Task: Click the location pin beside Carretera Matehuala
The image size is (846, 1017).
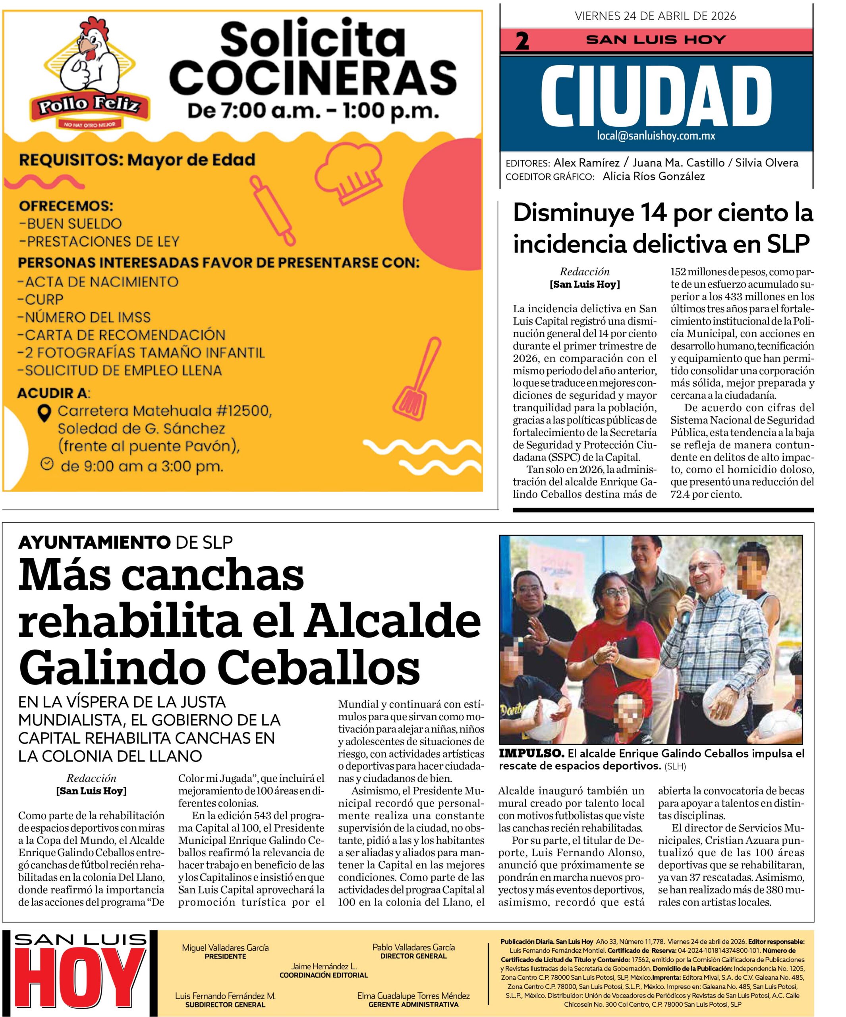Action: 45,413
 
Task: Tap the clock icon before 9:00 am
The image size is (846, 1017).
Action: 46,464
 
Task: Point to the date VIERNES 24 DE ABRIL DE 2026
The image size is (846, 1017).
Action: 655,16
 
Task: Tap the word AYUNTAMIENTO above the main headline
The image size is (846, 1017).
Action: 94,542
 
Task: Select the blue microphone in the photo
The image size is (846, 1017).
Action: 687,612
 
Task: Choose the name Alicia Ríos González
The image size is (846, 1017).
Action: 654,177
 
